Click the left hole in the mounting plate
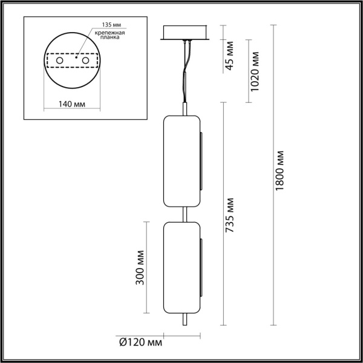[59, 62]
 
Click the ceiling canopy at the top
[185, 33]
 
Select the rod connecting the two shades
[185, 214]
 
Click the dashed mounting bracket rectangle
[73, 62]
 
